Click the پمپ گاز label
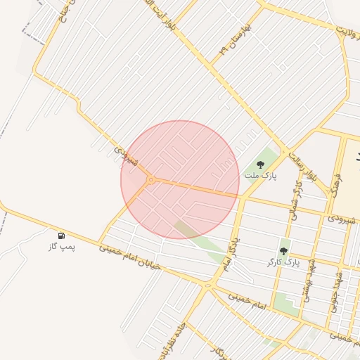[62, 247]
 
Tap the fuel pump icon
[62, 235]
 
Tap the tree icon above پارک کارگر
[283, 250]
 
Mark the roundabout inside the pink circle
[150, 180]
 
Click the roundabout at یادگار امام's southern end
[207, 285]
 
